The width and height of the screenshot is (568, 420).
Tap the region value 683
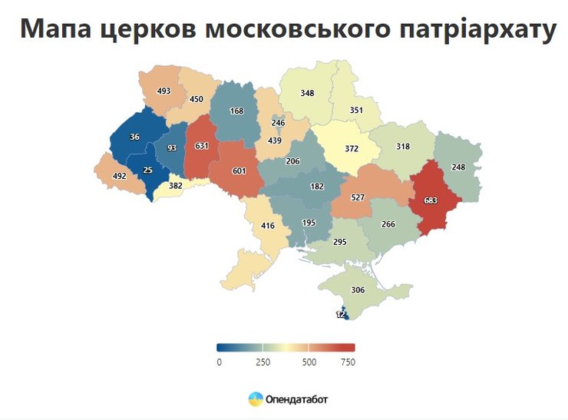[x=430, y=201]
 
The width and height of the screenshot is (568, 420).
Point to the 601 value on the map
[x=239, y=171]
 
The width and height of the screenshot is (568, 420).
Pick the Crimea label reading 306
[x=357, y=290]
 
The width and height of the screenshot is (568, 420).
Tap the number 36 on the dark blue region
[x=134, y=137]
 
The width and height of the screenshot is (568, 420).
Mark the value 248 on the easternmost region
[x=459, y=167]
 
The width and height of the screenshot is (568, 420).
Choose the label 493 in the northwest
[x=163, y=91]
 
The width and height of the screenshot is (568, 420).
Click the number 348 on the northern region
[x=307, y=93]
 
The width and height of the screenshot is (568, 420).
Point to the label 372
[x=352, y=148]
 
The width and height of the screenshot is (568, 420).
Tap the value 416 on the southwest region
[x=267, y=226]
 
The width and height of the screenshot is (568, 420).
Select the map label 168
[x=236, y=111]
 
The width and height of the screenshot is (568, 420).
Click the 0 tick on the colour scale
[x=220, y=362]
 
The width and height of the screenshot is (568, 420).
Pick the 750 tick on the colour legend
[x=348, y=362]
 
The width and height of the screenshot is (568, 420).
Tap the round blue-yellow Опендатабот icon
[x=256, y=399]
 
